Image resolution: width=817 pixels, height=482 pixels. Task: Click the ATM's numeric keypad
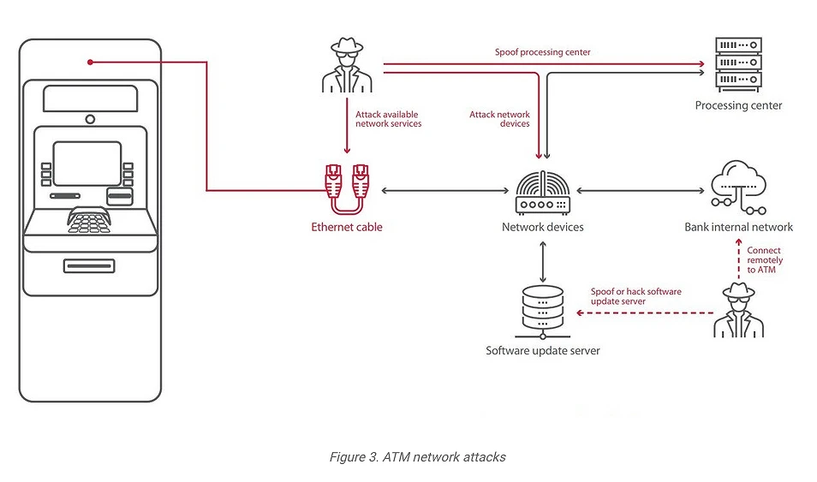[x=90, y=220]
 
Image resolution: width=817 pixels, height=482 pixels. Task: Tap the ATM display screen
[x=87, y=163]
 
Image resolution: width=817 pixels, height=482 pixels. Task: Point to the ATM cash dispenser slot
[x=89, y=265]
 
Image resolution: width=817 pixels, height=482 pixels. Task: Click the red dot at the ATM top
[x=90, y=62]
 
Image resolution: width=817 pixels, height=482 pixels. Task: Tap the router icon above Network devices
[x=542, y=192]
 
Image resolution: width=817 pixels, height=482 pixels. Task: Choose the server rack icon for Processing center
[x=738, y=65]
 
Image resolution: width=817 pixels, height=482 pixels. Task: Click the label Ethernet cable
[x=347, y=227]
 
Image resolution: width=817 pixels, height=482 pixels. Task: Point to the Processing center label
[x=738, y=105]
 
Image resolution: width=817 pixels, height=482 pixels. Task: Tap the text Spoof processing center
[x=542, y=52]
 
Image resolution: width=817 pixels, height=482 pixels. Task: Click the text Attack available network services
[x=389, y=119]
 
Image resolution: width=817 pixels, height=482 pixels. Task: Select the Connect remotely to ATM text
[x=764, y=260]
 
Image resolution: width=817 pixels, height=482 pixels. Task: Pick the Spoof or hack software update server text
[x=635, y=296]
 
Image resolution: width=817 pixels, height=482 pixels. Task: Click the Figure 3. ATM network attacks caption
[x=417, y=457]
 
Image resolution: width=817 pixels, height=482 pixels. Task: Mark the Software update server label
[x=543, y=350]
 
